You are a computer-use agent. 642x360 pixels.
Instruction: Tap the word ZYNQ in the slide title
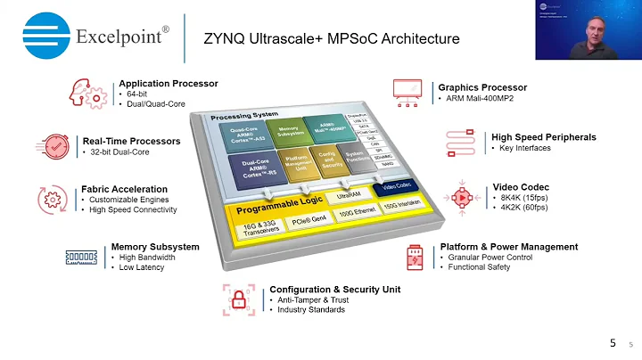coord(224,39)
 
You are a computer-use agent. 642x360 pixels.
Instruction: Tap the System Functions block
coord(355,161)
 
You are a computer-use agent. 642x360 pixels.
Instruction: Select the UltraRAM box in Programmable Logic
coord(349,196)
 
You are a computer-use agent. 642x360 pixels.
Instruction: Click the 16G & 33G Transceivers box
coord(255,228)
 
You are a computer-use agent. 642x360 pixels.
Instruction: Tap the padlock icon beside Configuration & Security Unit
coord(239,299)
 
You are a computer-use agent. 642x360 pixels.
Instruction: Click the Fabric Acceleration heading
coord(124,189)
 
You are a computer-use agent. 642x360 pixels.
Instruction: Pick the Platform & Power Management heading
coord(508,247)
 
